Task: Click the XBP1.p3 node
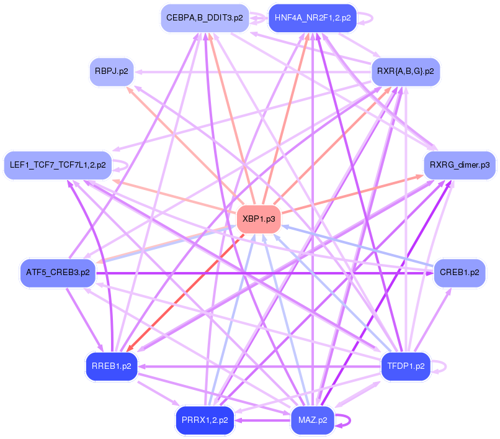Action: click(x=259, y=219)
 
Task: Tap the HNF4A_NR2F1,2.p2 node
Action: click(x=312, y=18)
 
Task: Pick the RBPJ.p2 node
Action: click(x=112, y=71)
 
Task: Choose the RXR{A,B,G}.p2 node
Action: click(x=406, y=71)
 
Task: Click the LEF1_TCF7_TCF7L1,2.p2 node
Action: click(x=58, y=165)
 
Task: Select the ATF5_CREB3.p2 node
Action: click(x=58, y=272)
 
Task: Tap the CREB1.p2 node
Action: click(x=460, y=272)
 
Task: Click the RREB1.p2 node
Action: click(x=112, y=366)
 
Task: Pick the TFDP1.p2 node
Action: click(x=406, y=366)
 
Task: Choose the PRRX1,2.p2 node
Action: click(x=205, y=420)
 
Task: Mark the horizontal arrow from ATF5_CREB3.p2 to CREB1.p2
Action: click(x=261, y=273)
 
